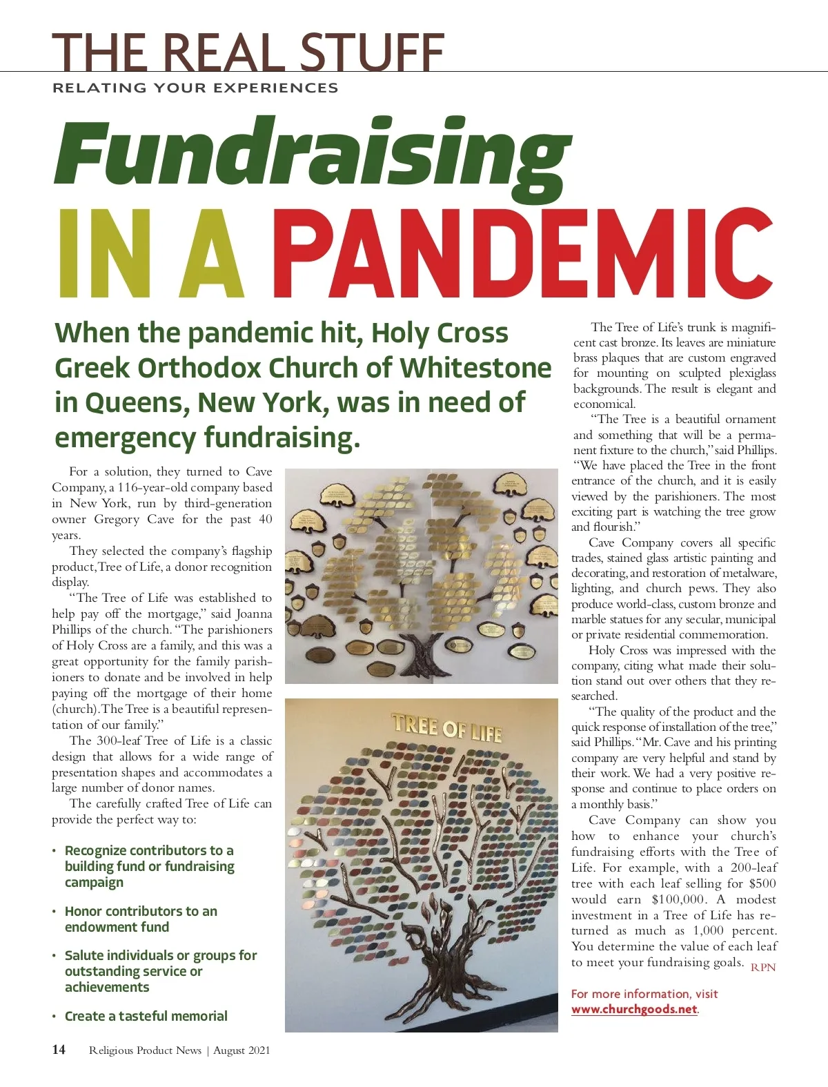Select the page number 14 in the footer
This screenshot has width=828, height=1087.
59,1050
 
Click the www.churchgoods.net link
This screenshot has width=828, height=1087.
634,1009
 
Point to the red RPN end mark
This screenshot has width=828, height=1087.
763,968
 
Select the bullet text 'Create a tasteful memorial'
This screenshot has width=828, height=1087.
146,1016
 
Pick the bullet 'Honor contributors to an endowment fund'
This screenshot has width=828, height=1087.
141,919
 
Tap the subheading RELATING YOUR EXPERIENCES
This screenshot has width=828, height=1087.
195,88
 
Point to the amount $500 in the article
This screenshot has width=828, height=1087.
762,884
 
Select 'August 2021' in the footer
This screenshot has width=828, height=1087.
241,1050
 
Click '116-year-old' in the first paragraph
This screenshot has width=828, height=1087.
151,487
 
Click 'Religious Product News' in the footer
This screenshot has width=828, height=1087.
145,1050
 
